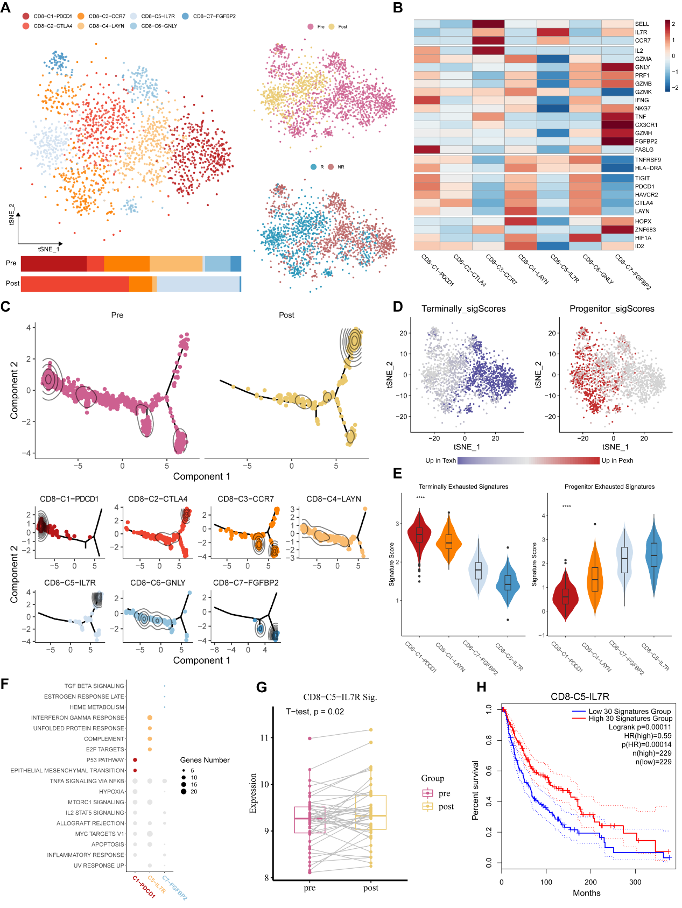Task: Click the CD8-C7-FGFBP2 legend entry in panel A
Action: tap(214, 16)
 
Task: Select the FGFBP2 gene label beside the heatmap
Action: tap(646, 142)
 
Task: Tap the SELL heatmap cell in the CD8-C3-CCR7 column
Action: tap(488, 24)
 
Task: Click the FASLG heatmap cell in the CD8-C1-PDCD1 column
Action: tap(427, 150)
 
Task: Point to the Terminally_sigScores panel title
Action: tap(463, 309)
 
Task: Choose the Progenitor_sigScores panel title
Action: tap(612, 309)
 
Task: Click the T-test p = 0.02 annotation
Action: tap(315, 712)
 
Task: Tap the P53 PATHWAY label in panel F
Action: tap(106, 760)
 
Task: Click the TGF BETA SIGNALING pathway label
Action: tap(94, 686)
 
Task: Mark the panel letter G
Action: tap(262, 687)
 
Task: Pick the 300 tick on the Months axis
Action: tap(635, 882)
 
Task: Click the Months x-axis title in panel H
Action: tap(586, 893)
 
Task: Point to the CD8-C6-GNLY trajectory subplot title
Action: tap(158, 583)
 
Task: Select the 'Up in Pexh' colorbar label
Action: tap(617, 461)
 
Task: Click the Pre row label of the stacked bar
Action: tap(11, 263)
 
